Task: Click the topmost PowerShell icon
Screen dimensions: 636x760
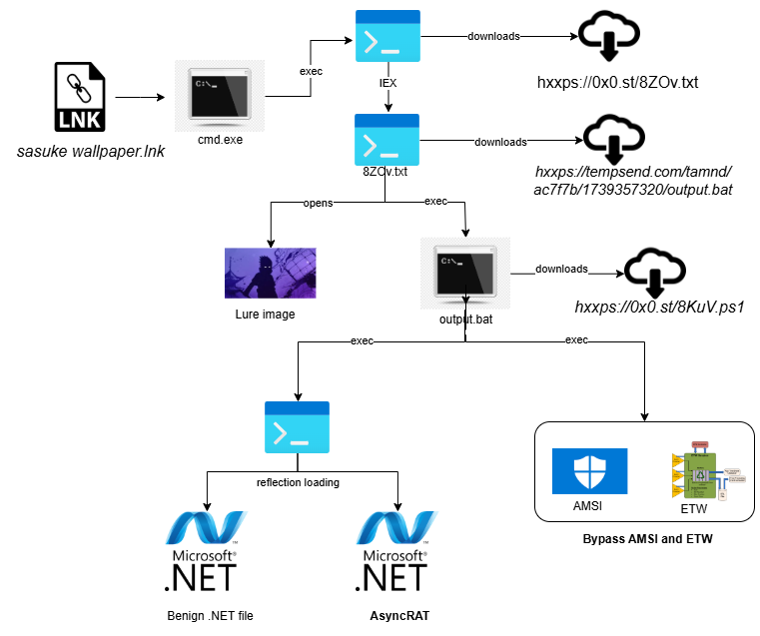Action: [387, 38]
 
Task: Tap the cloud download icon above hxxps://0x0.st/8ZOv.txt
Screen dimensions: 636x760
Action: [610, 38]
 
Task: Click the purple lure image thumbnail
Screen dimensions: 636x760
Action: [270, 273]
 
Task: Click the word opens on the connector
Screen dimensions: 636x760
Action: [318, 203]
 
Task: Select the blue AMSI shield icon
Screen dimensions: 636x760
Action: [589, 472]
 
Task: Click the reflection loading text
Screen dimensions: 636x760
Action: [298, 482]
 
